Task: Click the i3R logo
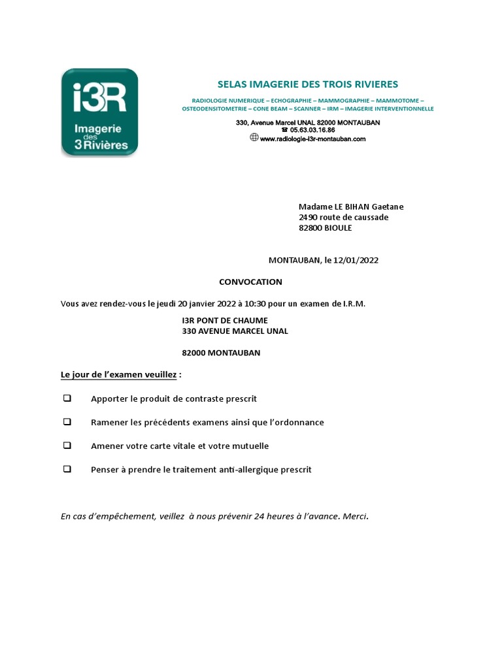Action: tap(99, 112)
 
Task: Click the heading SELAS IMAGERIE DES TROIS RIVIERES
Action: tap(307, 84)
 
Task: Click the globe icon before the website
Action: tap(254, 138)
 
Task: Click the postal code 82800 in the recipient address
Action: tap(312, 229)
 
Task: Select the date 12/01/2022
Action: tap(356, 260)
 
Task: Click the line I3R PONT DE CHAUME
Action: tap(225, 320)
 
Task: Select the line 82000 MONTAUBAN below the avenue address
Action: tap(221, 353)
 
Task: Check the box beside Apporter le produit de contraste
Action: tap(67, 398)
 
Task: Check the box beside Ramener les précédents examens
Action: tap(67, 422)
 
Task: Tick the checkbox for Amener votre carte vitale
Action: tap(67, 446)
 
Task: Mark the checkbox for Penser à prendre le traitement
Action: tap(67, 469)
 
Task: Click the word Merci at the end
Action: tap(354, 516)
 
